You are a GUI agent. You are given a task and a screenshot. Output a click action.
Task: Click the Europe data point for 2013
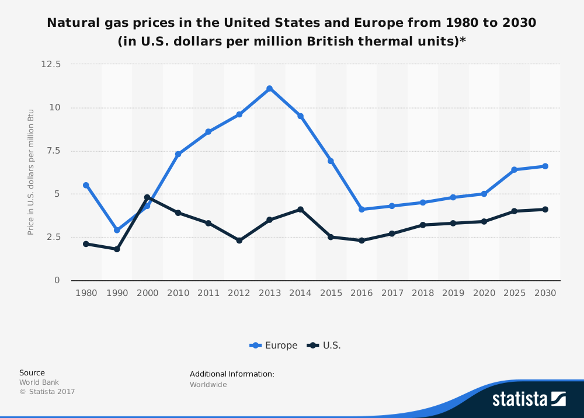pyautogui.click(x=269, y=89)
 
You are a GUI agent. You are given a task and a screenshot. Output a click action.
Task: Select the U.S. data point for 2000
pyautogui.click(x=147, y=197)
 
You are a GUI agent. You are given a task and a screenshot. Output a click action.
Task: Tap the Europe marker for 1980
pyautogui.click(x=86, y=185)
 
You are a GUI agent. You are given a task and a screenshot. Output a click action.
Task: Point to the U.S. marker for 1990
pyautogui.click(x=117, y=249)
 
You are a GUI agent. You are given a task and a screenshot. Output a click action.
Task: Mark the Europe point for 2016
pyautogui.click(x=361, y=209)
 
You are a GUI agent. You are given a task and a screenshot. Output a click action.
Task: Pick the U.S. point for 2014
pyautogui.click(x=300, y=209)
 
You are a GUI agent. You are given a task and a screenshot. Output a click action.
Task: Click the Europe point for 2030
pyautogui.click(x=545, y=166)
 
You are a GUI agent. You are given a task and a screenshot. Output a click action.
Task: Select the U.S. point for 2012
pyautogui.click(x=239, y=241)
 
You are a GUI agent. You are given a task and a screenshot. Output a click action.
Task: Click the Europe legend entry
pyautogui.click(x=274, y=346)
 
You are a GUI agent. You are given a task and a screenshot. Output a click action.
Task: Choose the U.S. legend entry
pyautogui.click(x=325, y=346)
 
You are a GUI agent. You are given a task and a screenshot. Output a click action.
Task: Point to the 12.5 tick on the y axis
pyautogui.click(x=50, y=64)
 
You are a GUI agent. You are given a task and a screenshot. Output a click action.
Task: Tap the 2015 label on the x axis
pyautogui.click(x=331, y=293)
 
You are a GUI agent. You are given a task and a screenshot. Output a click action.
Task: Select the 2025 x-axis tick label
pyautogui.click(x=515, y=293)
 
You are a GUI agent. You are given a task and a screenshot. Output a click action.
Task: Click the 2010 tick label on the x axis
pyautogui.click(x=178, y=293)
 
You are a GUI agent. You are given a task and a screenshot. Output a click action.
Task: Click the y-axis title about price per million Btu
pyautogui.click(x=31, y=172)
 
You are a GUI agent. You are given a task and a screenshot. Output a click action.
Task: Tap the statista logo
pyautogui.click(x=529, y=399)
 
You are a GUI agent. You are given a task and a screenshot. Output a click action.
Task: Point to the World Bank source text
pyautogui.click(x=39, y=382)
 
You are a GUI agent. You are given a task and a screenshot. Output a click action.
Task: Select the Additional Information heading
pyautogui.click(x=232, y=374)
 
